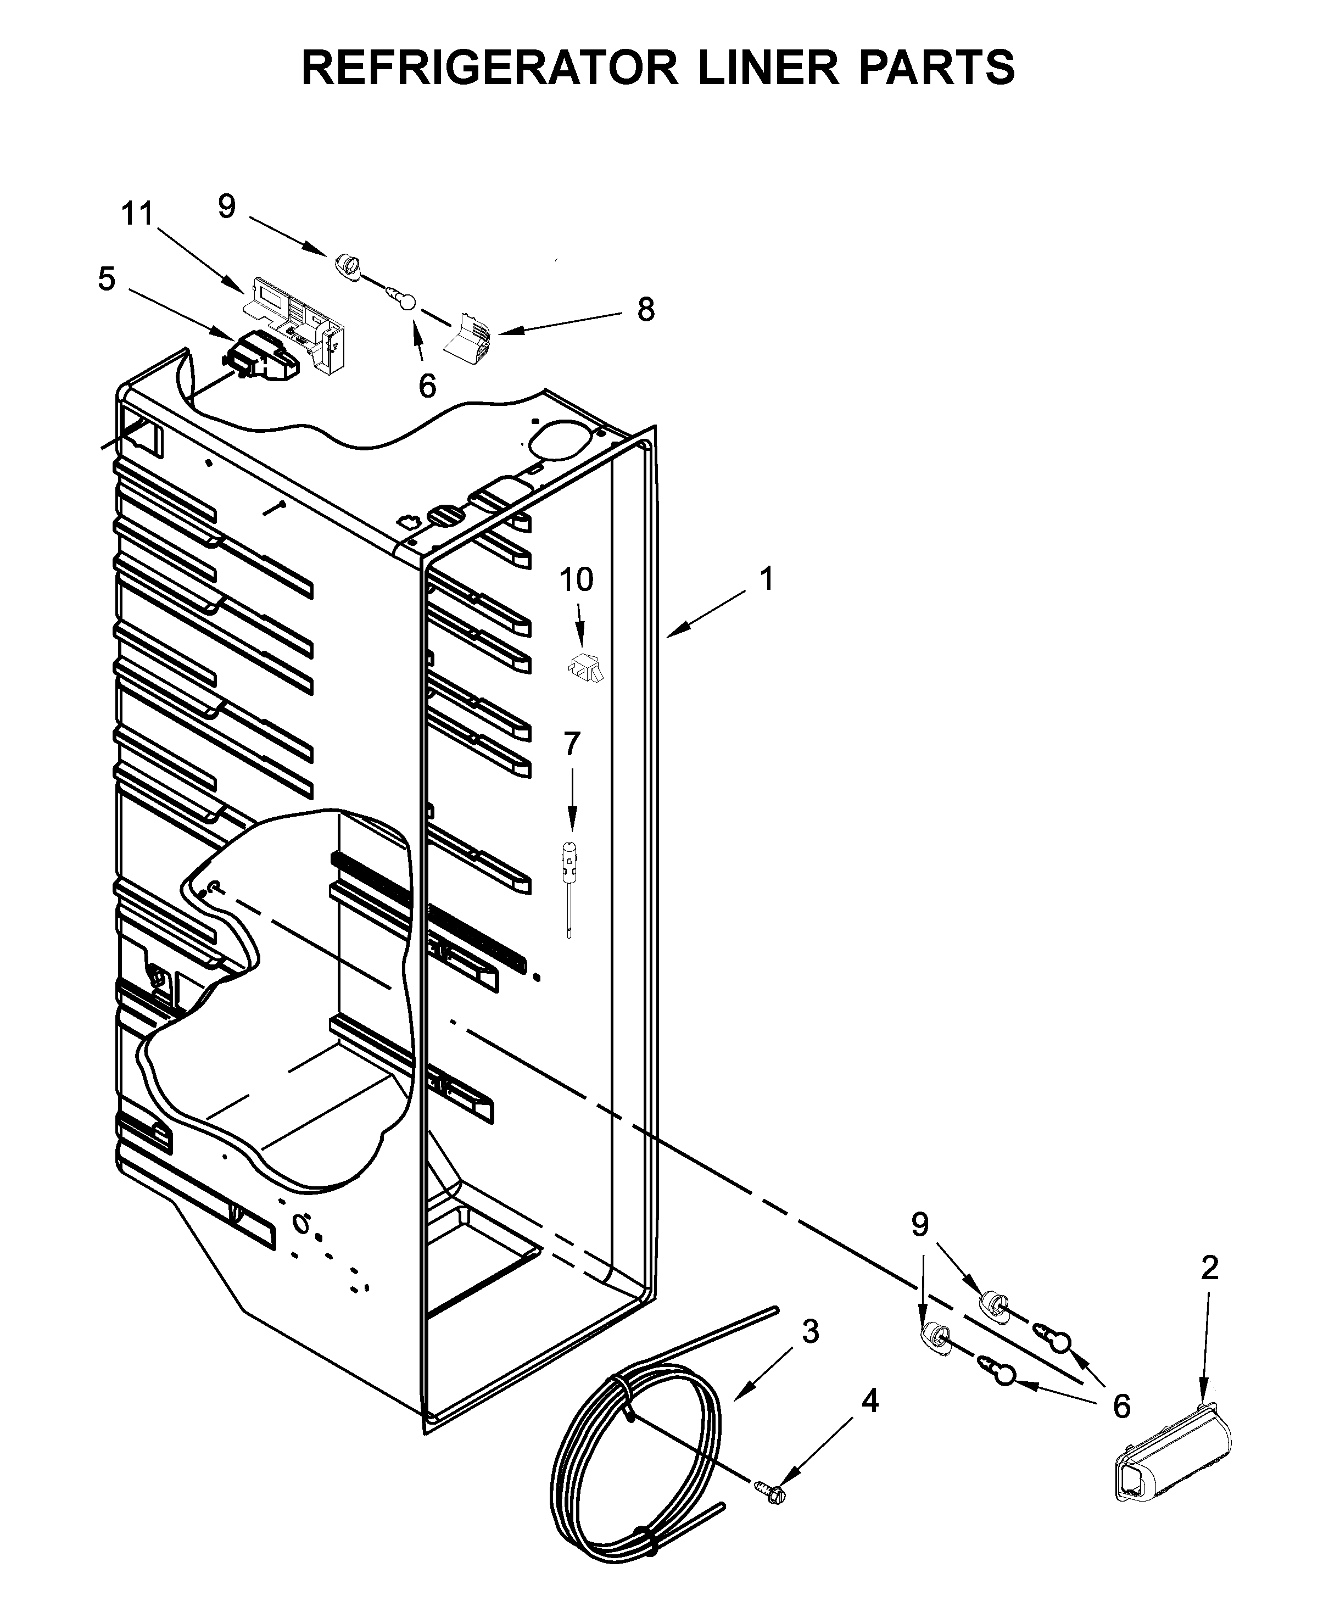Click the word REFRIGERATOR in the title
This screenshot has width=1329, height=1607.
490,68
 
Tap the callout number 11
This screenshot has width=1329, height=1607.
138,214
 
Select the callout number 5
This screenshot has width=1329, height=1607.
107,280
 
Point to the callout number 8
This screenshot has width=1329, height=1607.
646,310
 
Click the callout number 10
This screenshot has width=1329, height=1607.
576,580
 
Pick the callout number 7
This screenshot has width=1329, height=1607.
572,743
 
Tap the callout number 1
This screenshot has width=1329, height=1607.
767,579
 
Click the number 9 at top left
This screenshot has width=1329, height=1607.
226,207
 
